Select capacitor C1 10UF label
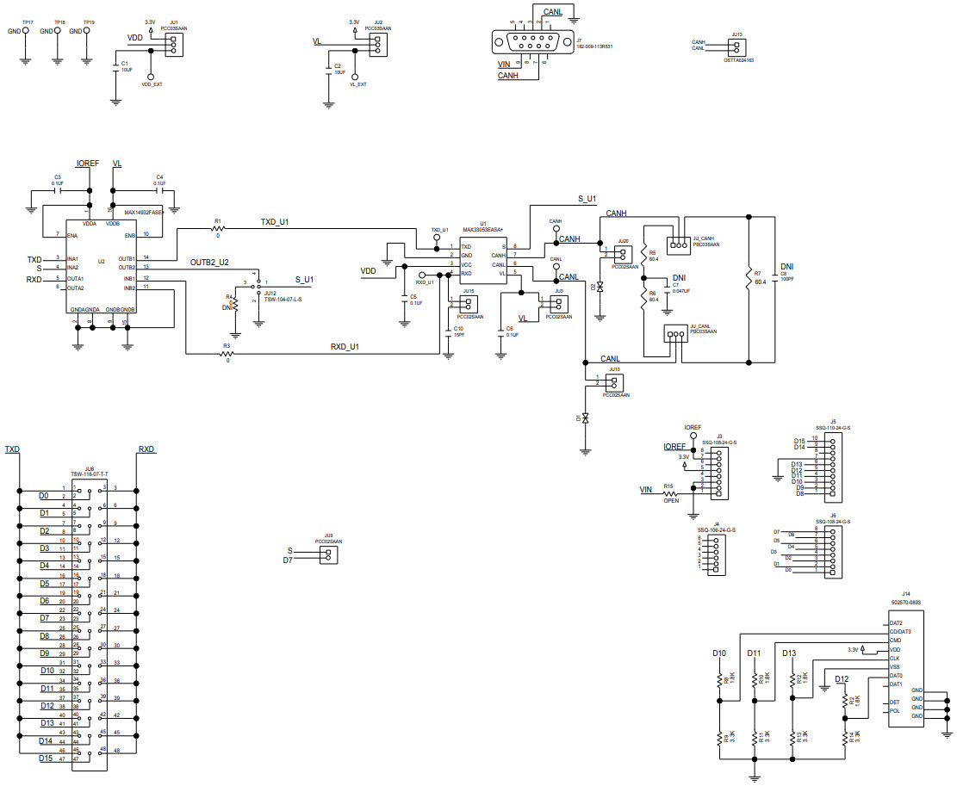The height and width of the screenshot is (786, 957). (126, 66)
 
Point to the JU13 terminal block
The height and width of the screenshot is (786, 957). (736, 45)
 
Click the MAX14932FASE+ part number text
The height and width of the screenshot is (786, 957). (145, 211)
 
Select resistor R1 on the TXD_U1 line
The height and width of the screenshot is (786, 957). (218, 228)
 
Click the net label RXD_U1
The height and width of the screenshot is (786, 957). (345, 347)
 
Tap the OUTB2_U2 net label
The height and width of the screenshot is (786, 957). (210, 262)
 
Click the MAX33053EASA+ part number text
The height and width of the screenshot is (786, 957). (482, 230)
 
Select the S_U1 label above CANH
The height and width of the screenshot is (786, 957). (586, 199)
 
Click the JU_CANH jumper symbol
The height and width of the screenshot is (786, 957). (680, 243)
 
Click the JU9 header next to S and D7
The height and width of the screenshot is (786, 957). (326, 555)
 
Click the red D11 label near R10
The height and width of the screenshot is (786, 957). (754, 653)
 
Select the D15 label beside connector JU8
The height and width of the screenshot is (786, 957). (47, 758)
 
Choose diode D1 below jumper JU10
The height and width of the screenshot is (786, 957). (586, 418)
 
